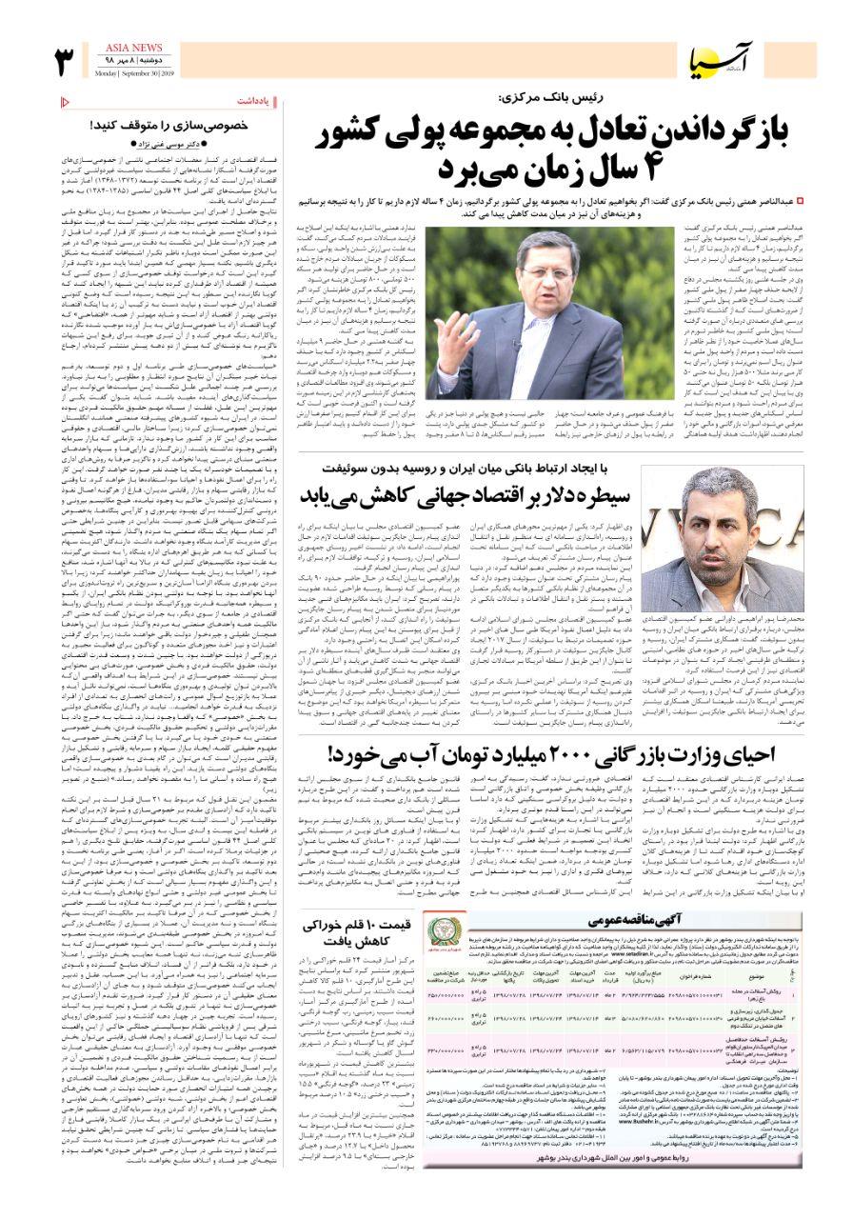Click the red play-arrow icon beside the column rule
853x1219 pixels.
(64, 101)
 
